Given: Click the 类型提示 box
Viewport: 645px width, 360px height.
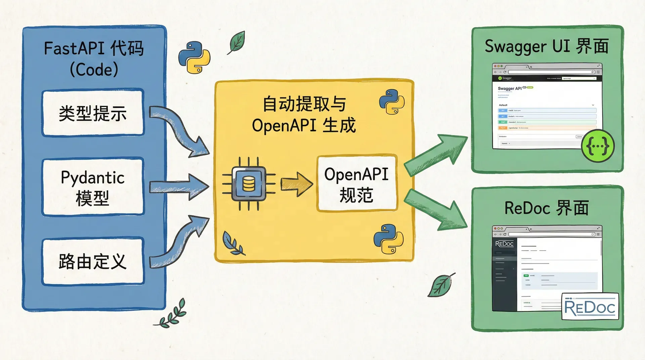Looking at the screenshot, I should [93, 113].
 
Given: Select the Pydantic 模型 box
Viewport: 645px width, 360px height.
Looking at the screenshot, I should [93, 187].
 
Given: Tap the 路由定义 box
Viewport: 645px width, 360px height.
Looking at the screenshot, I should [93, 261].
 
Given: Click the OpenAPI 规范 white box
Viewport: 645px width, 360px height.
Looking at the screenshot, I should [357, 184].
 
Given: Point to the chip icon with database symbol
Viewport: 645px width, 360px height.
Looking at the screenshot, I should [249, 184].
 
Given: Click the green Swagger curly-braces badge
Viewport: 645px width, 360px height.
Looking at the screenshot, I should [598, 146].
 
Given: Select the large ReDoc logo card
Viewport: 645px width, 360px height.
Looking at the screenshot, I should [590, 306].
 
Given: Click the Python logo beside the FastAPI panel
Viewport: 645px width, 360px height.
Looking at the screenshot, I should [194, 57].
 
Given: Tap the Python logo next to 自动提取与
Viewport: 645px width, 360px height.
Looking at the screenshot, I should [392, 102].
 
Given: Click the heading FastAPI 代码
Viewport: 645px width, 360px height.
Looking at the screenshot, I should [94, 49].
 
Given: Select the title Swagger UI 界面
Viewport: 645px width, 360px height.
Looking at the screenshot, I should [547, 46].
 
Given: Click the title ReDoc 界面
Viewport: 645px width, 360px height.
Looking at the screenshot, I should [547, 208].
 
